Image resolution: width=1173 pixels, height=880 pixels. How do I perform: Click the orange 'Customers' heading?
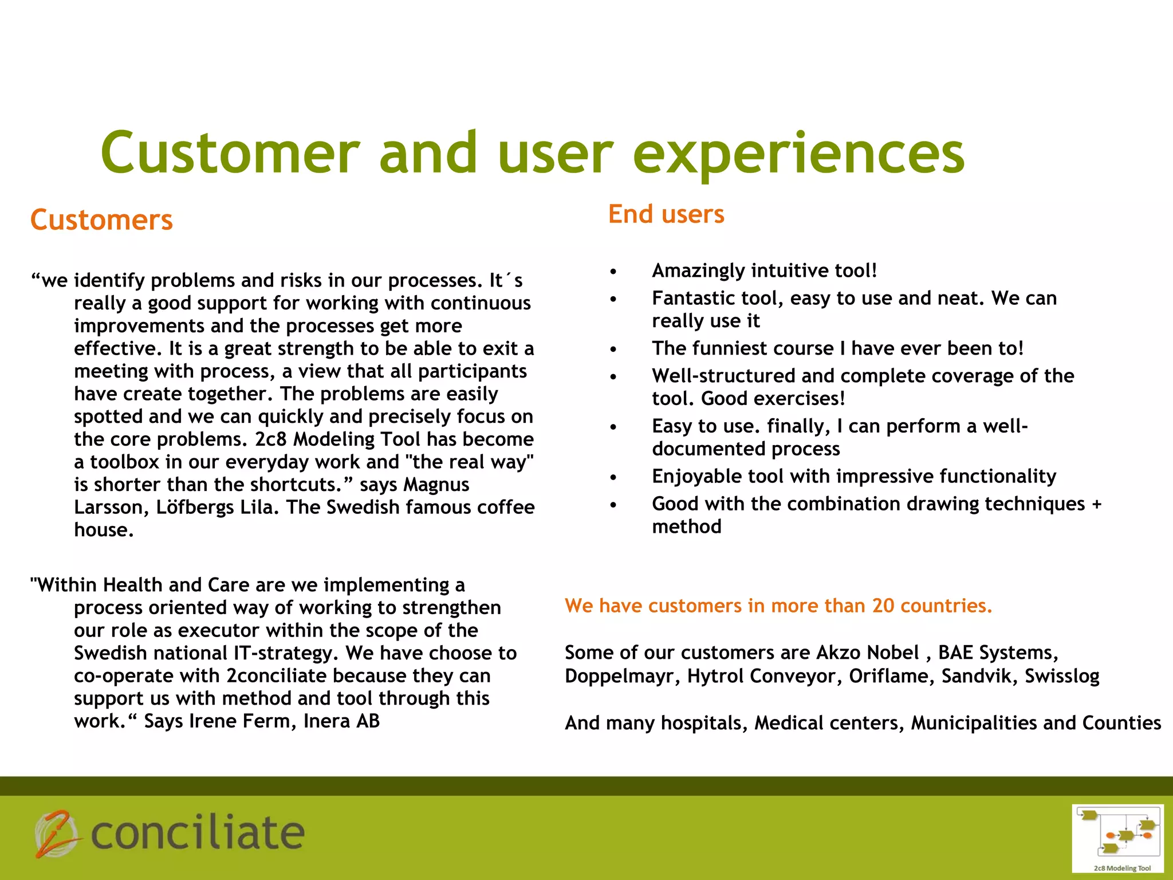101,220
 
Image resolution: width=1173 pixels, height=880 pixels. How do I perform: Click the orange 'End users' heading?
666,214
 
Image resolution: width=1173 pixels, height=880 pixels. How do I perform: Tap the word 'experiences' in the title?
798,154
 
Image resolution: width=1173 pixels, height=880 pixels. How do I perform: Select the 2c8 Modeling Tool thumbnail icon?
1117,838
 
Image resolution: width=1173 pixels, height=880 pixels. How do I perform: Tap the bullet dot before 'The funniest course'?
613,349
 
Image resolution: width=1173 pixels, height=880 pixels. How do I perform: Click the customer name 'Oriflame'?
891,676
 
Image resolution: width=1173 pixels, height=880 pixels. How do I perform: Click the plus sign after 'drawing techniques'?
1096,504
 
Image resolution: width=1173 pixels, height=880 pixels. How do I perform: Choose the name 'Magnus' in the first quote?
436,485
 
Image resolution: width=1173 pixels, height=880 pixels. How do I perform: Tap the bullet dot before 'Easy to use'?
613,427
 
